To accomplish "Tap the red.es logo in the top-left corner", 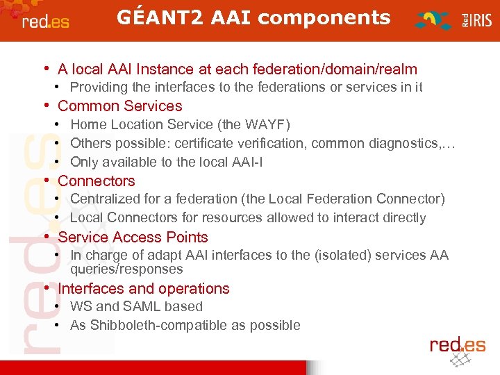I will (45, 21).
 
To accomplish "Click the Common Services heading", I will (119, 106).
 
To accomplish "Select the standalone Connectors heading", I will (97, 181).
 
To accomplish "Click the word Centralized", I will (104, 199).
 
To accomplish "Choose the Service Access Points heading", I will (133, 237).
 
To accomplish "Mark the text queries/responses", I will (126, 269).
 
